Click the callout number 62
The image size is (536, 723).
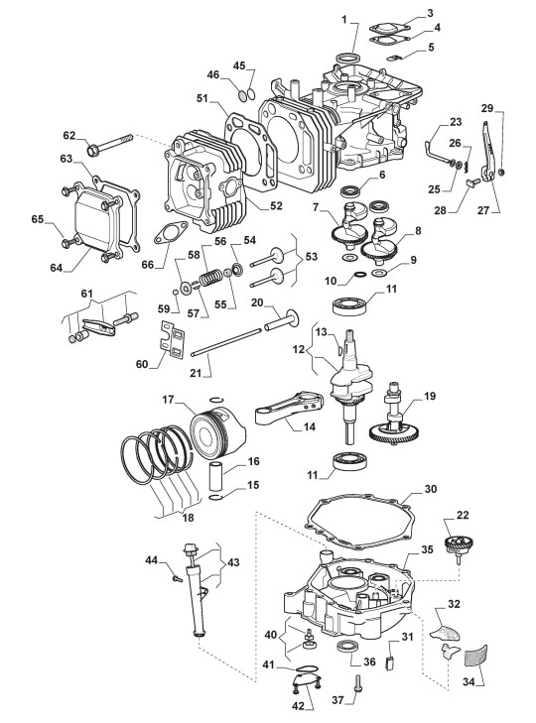pyautogui.click(x=69, y=136)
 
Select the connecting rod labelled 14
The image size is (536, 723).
pyautogui.click(x=289, y=408)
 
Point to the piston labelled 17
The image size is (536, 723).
pyautogui.click(x=218, y=434)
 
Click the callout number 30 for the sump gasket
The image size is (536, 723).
pyautogui.click(x=430, y=489)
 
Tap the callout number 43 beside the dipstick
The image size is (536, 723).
pyautogui.click(x=233, y=563)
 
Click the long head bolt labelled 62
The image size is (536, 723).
pyautogui.click(x=109, y=144)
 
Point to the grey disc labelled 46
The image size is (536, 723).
pyautogui.click(x=243, y=95)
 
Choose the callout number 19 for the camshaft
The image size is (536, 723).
pyautogui.click(x=430, y=396)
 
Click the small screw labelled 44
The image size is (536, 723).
pyautogui.click(x=177, y=577)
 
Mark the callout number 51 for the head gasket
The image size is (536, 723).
pyautogui.click(x=202, y=98)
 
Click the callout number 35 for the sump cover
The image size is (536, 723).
pyautogui.click(x=428, y=550)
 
